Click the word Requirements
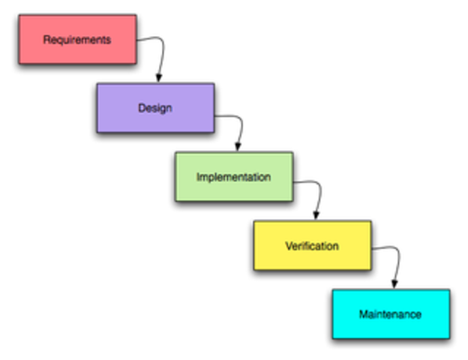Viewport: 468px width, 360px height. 77,39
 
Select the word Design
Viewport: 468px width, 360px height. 154,107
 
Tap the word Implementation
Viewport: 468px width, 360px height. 233,177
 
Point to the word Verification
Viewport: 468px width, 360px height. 312,245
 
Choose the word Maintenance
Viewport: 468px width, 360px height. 390,313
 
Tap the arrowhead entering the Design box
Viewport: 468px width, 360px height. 158,77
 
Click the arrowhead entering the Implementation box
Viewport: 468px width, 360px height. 238,146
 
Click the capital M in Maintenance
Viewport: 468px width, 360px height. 363,313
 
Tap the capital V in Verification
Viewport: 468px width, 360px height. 288,245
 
